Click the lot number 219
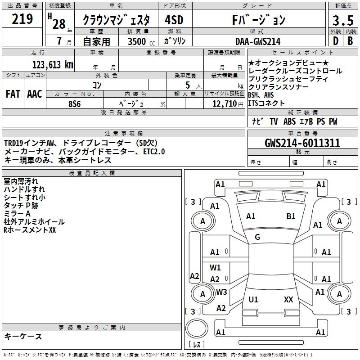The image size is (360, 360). click(x=22, y=19)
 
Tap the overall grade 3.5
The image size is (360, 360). click(x=343, y=21)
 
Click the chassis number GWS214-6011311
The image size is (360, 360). click(x=302, y=144)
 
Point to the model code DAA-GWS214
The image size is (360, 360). click(x=258, y=41)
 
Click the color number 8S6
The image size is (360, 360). click(x=74, y=103)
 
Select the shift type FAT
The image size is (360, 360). click(x=13, y=94)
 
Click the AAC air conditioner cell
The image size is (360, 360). click(x=35, y=94)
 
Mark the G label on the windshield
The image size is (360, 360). click(x=257, y=237)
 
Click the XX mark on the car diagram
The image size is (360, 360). click(x=288, y=299)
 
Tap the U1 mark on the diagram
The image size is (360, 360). click(x=253, y=299)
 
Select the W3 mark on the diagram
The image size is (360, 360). click(x=221, y=292)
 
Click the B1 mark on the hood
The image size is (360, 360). click(x=291, y=216)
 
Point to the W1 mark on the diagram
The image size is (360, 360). click(x=215, y=268)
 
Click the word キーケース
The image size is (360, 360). click(x=23, y=336)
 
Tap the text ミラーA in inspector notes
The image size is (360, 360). click(x=17, y=213)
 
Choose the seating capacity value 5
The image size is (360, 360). click(x=186, y=85)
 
